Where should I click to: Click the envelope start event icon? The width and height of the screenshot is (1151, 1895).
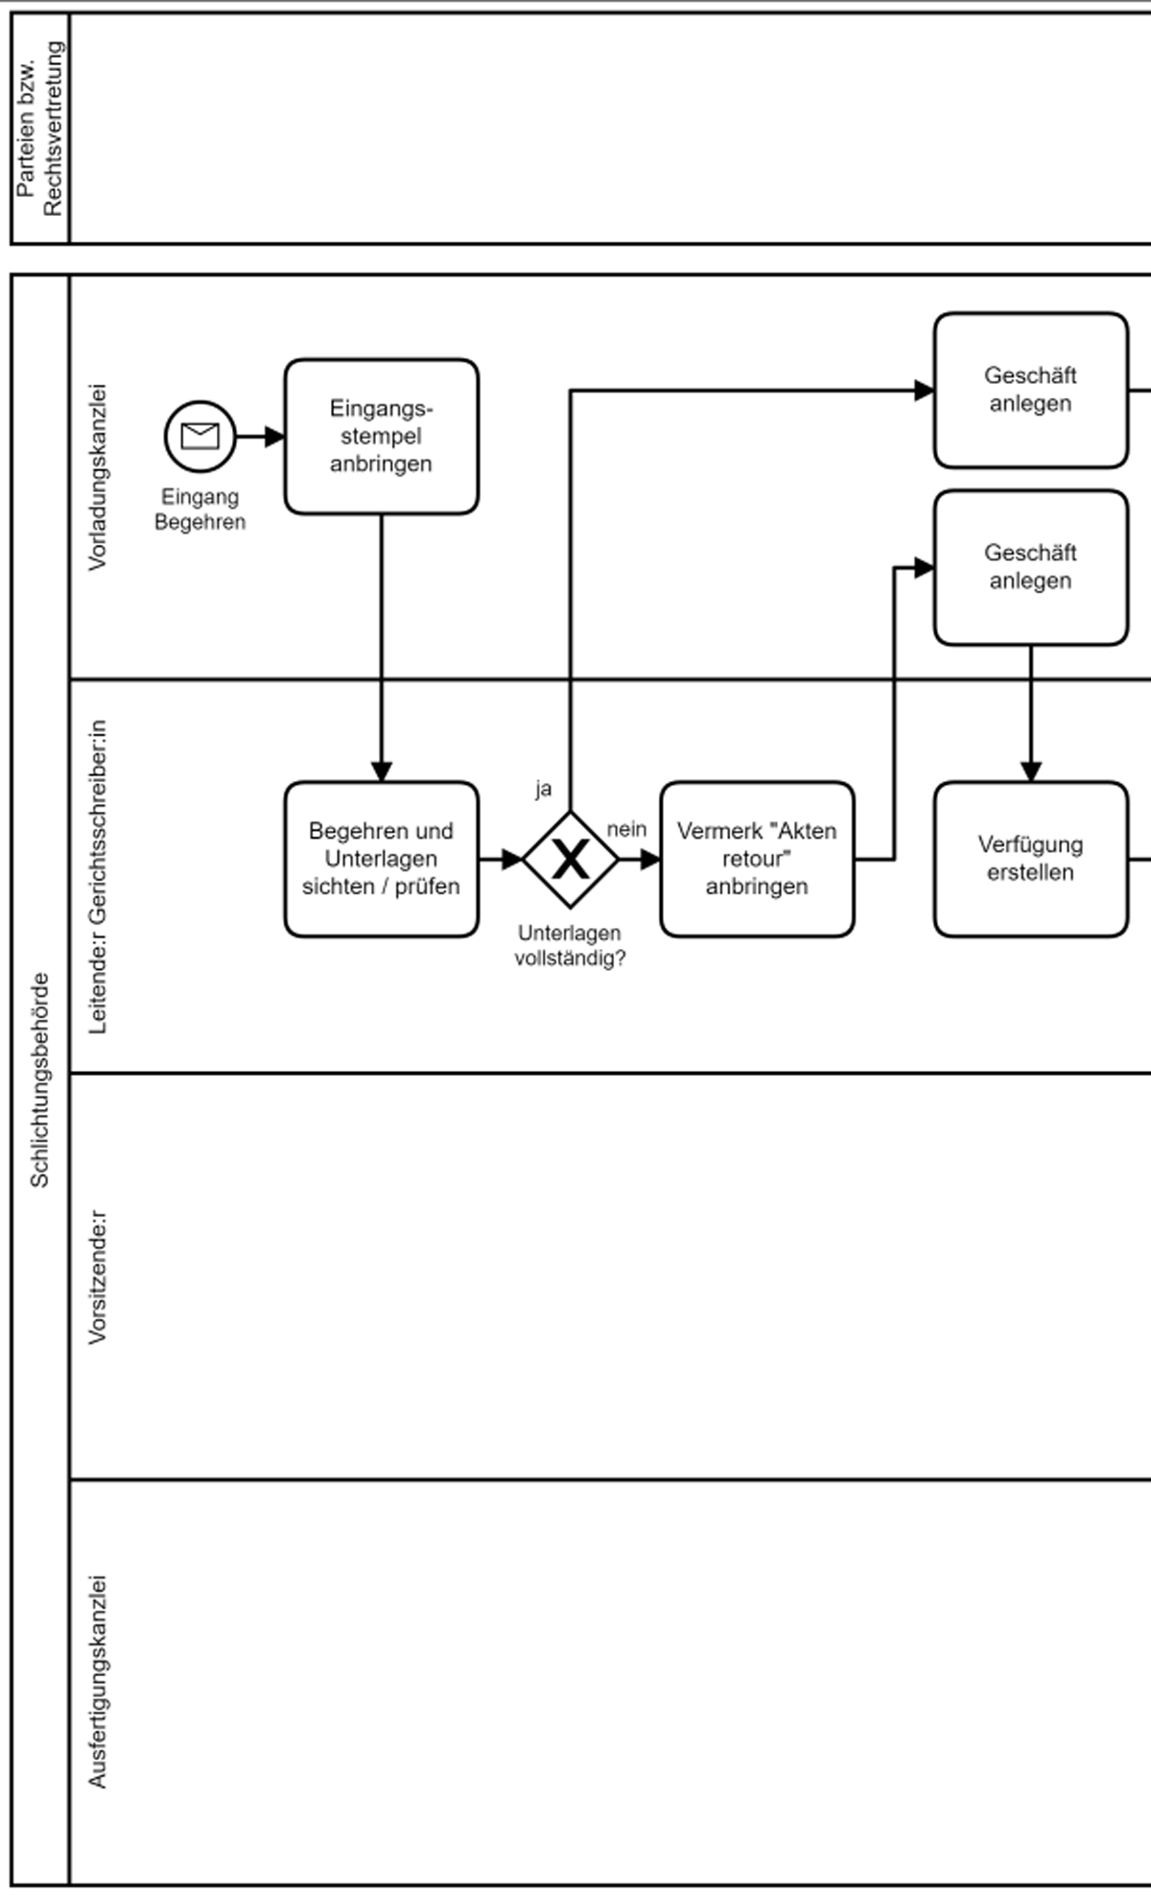[200, 437]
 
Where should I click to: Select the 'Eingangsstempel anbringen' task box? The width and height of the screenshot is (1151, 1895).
[381, 437]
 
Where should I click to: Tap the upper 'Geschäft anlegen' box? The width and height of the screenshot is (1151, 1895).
[1030, 390]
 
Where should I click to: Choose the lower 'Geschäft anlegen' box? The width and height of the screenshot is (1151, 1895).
[1030, 567]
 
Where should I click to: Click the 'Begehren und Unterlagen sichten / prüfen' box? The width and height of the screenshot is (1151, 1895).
[381, 859]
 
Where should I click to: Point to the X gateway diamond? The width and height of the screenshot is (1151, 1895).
[570, 859]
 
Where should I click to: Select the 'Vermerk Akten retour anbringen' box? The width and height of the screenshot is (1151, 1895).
[757, 859]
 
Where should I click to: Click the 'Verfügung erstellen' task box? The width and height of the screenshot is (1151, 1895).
[1030, 859]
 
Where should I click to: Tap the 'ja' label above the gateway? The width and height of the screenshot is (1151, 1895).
[543, 789]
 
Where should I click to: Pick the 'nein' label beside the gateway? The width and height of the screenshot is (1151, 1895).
[626, 829]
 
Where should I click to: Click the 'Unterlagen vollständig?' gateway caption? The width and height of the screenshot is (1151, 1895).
[570, 945]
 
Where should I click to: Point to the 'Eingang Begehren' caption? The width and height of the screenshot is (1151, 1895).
[200, 509]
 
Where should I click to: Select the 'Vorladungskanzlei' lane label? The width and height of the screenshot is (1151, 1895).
[98, 477]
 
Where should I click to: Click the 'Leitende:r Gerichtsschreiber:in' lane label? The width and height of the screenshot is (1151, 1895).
[98, 876]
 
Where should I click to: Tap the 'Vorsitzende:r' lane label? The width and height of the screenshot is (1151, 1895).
[98, 1276]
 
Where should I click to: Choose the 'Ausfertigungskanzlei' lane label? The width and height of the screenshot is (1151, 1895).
[98, 1681]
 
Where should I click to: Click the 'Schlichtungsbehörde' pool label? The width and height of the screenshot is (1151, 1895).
[39, 1079]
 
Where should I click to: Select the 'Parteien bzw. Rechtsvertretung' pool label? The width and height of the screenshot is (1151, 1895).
[39, 129]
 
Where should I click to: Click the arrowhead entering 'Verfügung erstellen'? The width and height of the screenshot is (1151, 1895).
[1030, 772]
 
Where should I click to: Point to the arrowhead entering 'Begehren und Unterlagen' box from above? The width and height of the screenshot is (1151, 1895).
[381, 772]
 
